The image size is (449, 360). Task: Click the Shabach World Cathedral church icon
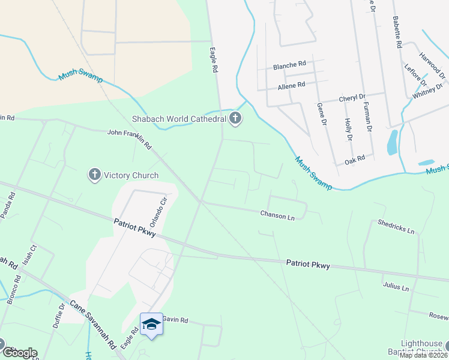(235, 119)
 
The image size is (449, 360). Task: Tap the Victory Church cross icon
(94, 175)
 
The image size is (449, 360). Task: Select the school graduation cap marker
(151, 324)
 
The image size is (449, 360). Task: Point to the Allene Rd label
(291, 85)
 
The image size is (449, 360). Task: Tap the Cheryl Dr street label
(352, 97)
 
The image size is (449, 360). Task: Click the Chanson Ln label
(277, 215)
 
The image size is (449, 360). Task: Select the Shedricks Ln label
(396, 226)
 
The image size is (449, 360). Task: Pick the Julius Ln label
(395, 287)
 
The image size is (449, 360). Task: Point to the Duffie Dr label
(61, 313)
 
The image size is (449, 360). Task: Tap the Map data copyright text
(423, 355)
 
